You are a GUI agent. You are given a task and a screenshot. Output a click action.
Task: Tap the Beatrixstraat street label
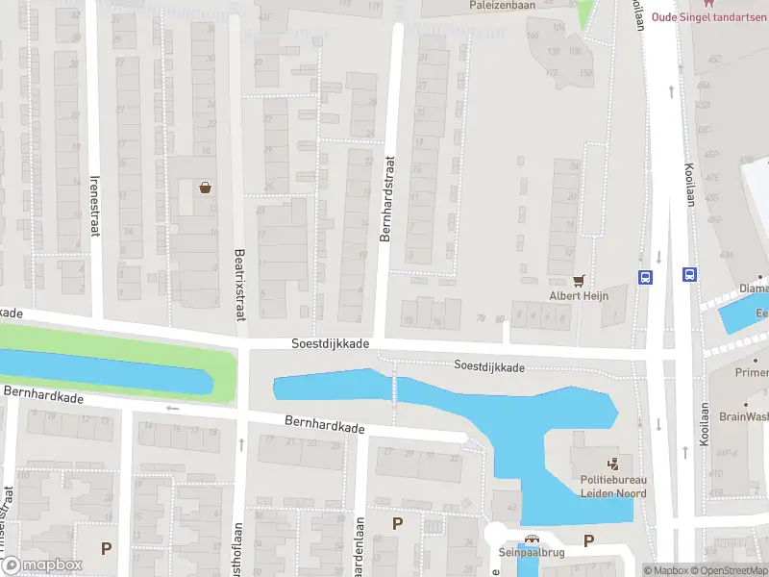239,284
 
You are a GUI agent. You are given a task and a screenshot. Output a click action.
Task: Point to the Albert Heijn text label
580,296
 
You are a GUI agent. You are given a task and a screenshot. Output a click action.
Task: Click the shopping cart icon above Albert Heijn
579,280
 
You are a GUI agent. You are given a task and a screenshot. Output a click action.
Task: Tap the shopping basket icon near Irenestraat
205,188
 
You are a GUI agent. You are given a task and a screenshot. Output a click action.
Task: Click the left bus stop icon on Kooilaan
644,276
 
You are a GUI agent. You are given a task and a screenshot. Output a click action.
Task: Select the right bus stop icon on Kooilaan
689,274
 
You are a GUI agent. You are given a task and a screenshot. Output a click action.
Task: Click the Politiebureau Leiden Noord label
612,487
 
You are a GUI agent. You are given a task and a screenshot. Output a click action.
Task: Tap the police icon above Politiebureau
613,464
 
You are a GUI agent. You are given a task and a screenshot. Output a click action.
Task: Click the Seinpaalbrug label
531,553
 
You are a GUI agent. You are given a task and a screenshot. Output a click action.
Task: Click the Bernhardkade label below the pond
324,424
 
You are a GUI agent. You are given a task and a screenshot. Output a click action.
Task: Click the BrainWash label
743,416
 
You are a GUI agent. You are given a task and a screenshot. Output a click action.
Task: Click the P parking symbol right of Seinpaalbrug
588,540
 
